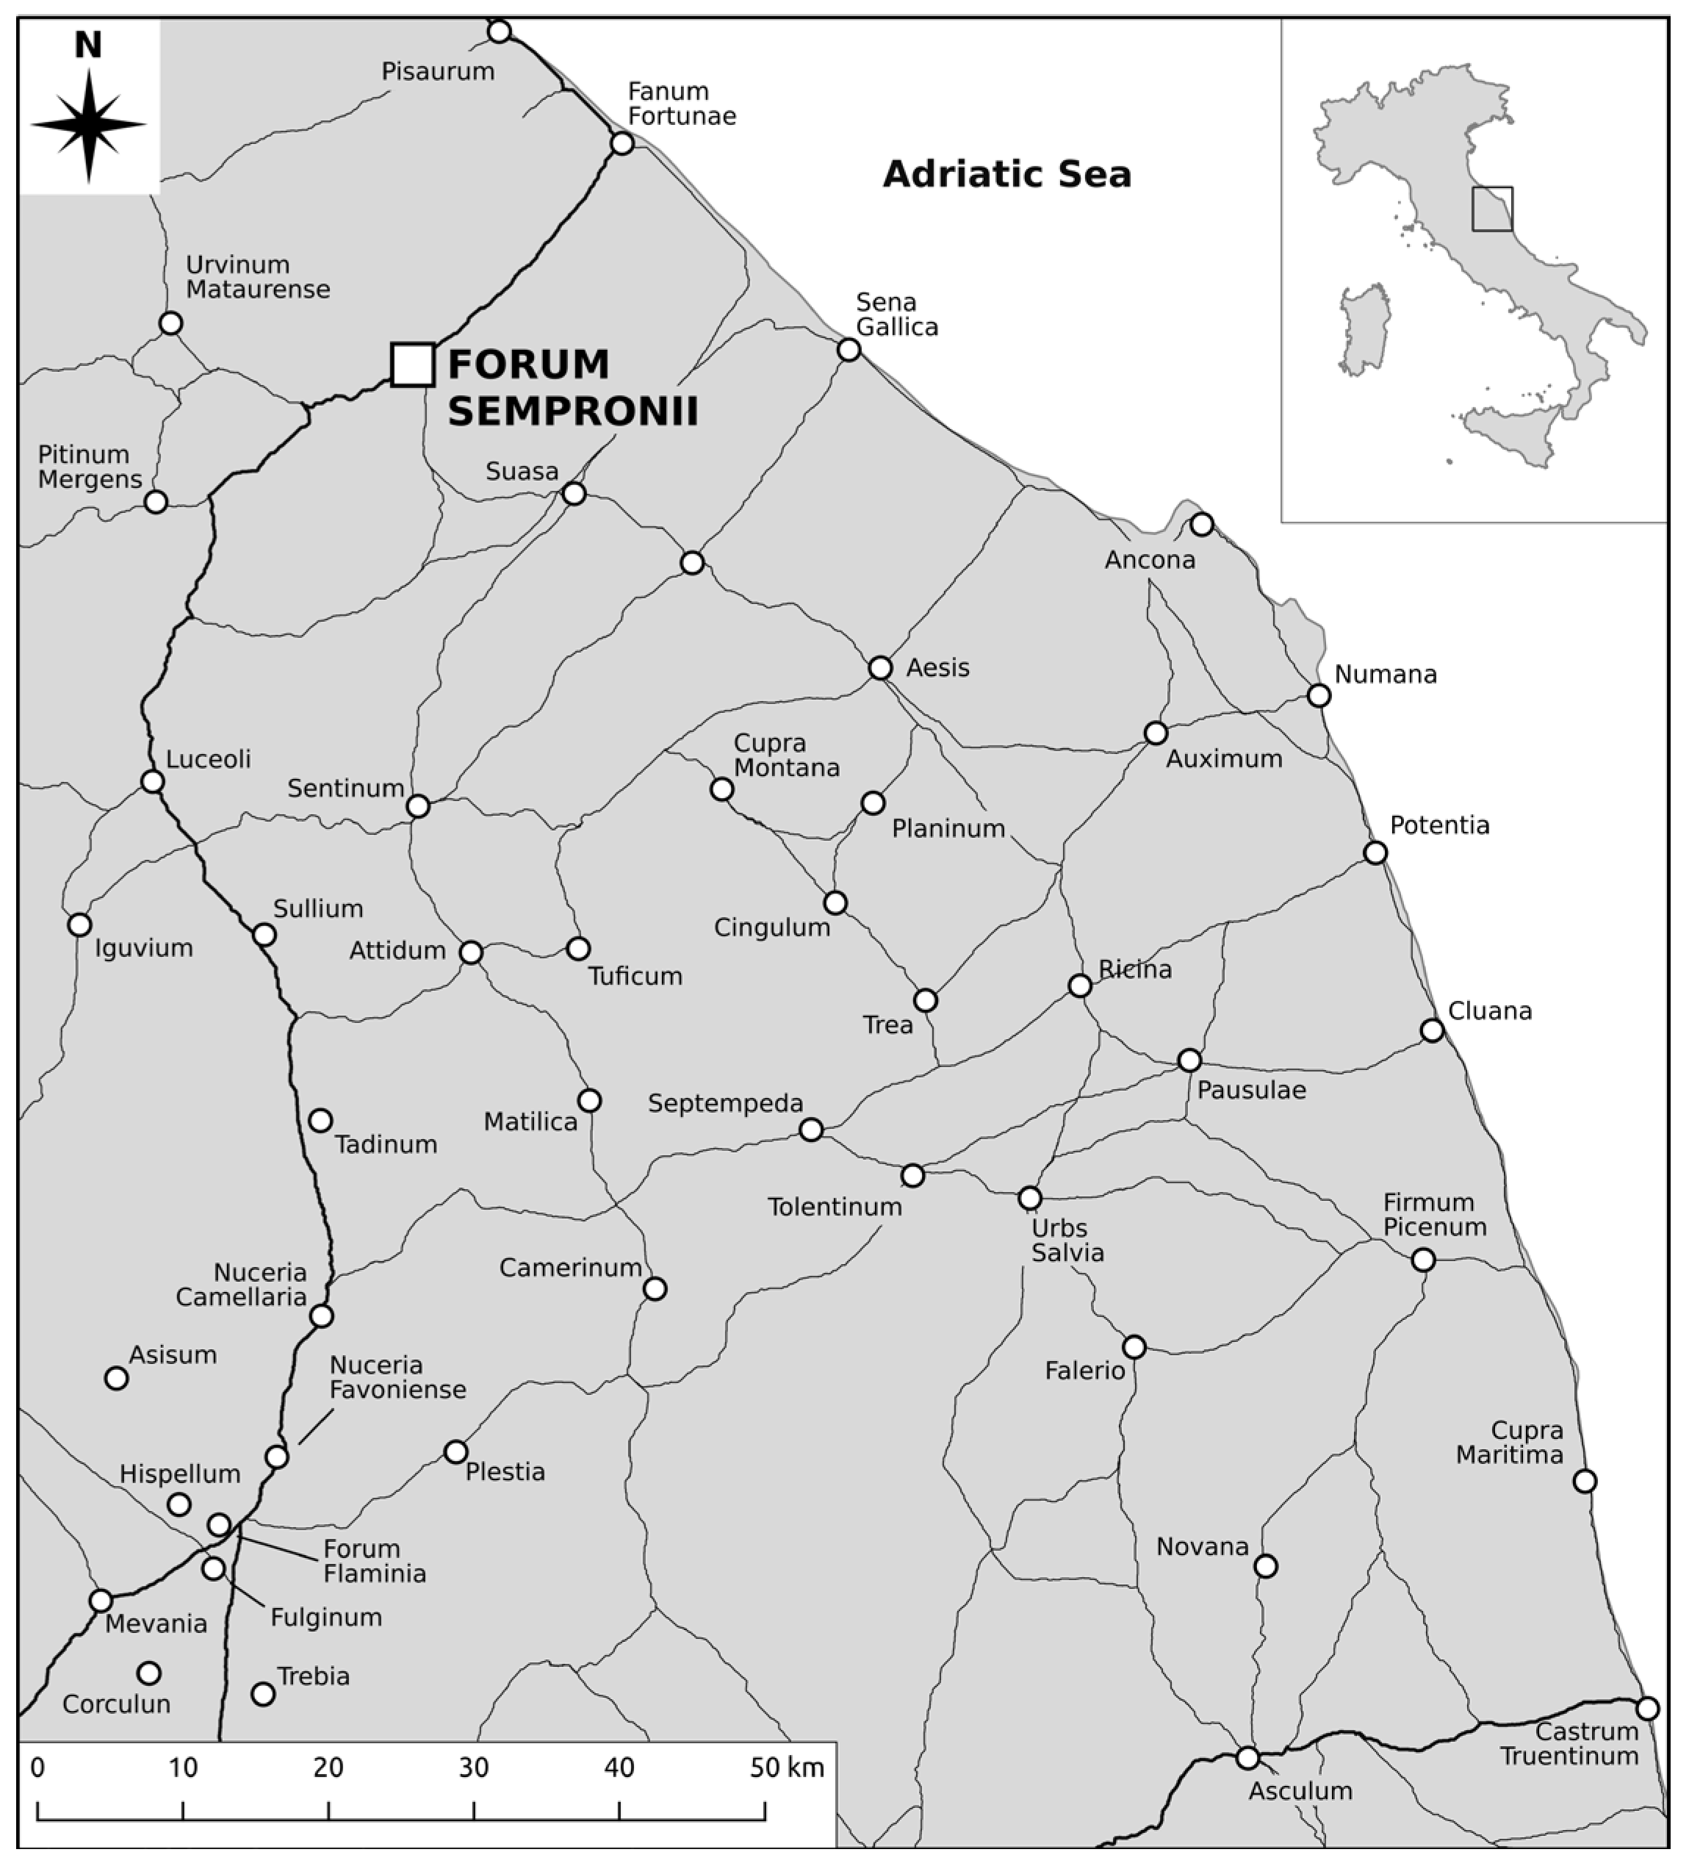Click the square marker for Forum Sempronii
pyautogui.click(x=413, y=364)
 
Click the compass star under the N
pyautogui.click(x=89, y=125)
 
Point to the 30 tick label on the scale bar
pyautogui.click(x=474, y=1768)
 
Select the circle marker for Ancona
pyautogui.click(x=1201, y=525)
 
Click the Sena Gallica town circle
pyautogui.click(x=849, y=350)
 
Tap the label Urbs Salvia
pyautogui.click(x=1068, y=1241)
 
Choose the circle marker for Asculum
pyautogui.click(x=1247, y=1758)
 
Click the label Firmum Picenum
pyautogui.click(x=1435, y=1214)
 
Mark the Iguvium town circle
pyautogui.click(x=79, y=925)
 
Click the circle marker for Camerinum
pyautogui.click(x=655, y=1288)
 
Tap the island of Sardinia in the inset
pyautogui.click(x=1365, y=329)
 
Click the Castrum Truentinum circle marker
pyautogui.click(x=1647, y=1708)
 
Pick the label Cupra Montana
pyautogui.click(x=787, y=756)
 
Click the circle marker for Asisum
pyautogui.click(x=115, y=1378)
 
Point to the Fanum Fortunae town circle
pyautogui.click(x=622, y=143)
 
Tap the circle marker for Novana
pyautogui.click(x=1265, y=1566)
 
